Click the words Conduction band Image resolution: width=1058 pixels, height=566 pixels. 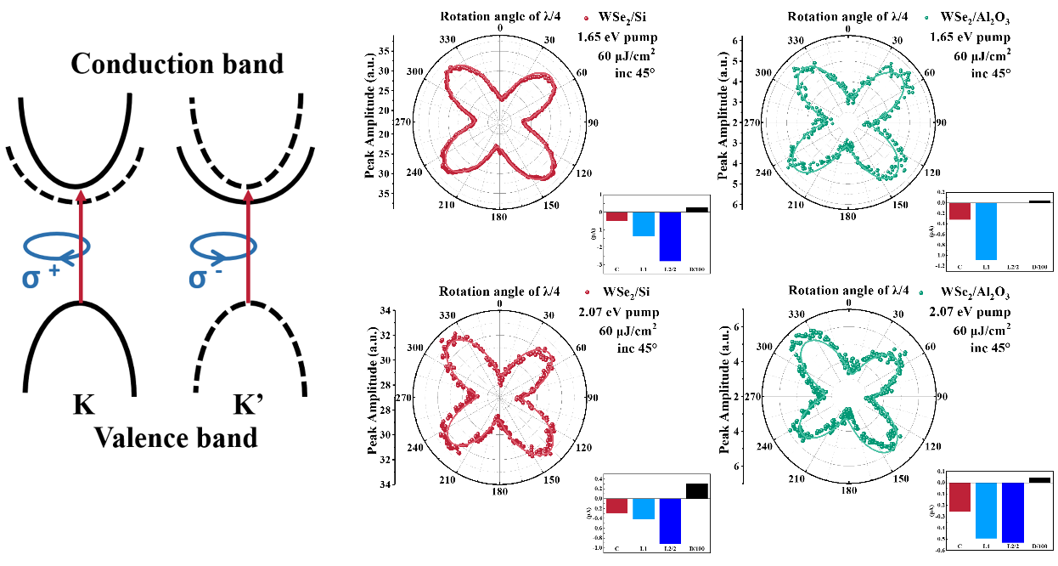177,63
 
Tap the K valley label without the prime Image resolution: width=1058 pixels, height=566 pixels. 83,405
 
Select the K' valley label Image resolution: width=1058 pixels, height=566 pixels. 253,405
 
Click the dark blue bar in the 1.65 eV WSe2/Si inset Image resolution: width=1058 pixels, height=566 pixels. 671,235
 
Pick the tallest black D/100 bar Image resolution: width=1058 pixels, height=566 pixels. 696,490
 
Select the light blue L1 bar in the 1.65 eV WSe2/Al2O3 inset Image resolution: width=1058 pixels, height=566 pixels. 986,230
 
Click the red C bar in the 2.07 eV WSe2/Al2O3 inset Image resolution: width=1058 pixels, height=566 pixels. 960,496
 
